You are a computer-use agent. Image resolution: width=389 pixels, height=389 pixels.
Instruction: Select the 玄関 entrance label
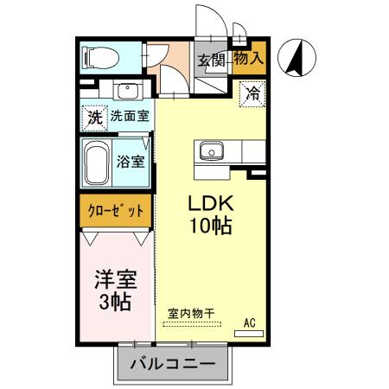pos(211,60)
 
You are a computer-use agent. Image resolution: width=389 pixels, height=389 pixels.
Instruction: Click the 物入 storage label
pos(249,59)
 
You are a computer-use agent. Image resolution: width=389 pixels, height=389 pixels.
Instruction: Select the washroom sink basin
pos(127,90)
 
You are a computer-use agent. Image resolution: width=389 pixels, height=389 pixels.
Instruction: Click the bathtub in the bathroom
pos(96,163)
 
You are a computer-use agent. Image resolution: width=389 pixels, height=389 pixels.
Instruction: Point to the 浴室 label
pos(130,159)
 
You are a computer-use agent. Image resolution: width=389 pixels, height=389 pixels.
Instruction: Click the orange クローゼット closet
pos(116,210)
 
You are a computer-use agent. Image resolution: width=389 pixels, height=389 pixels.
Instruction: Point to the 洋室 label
pos(114,280)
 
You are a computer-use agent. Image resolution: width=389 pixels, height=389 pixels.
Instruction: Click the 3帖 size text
pos(114,303)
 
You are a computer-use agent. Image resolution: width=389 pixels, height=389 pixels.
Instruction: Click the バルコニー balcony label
pos(173,364)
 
